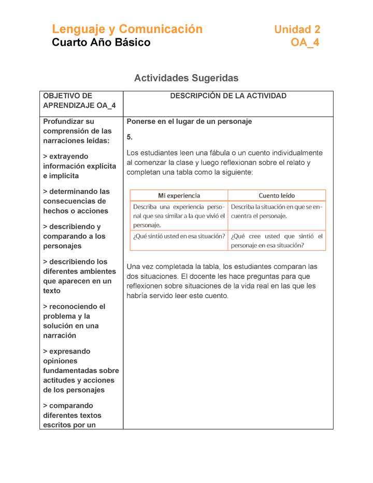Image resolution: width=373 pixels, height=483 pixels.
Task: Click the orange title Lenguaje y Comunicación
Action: coord(127,29)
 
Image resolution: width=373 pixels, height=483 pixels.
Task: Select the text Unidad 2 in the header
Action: coord(297,30)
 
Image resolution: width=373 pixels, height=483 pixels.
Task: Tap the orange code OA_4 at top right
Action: coord(305,42)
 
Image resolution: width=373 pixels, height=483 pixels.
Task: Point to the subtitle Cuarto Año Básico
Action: coord(101,42)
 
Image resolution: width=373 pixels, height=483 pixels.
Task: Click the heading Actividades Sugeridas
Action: coord(186,78)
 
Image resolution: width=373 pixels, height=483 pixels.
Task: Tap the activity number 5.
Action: coord(130,137)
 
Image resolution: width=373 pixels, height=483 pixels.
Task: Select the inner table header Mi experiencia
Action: coord(179,195)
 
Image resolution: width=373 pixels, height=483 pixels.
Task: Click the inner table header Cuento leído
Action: coord(277,195)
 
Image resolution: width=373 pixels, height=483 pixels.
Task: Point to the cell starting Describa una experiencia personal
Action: coord(179,216)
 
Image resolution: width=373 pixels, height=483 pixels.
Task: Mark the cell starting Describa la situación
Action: coord(277,211)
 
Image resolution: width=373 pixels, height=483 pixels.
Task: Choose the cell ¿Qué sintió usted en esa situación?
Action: coord(179,236)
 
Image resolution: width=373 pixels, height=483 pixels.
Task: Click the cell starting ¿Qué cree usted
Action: coord(277,240)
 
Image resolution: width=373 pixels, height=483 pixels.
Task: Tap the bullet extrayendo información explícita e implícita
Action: coord(79,166)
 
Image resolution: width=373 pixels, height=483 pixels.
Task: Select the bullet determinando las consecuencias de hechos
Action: coord(76,201)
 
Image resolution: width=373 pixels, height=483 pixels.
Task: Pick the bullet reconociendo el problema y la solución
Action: coord(74,321)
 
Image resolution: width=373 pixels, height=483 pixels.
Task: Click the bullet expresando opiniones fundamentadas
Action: coord(80,371)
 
